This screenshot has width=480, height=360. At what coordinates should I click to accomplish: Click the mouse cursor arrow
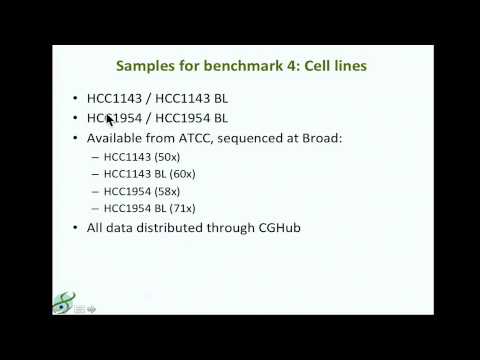point(110,120)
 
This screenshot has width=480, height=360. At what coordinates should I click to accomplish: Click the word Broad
point(316,137)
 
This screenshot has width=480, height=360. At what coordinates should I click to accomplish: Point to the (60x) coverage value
point(180,173)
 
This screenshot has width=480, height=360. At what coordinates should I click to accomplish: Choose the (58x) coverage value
point(170,190)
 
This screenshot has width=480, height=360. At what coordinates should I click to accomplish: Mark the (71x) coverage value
point(180,208)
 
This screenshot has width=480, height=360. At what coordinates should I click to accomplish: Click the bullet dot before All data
point(76,228)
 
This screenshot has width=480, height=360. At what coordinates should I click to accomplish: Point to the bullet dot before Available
point(76,137)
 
